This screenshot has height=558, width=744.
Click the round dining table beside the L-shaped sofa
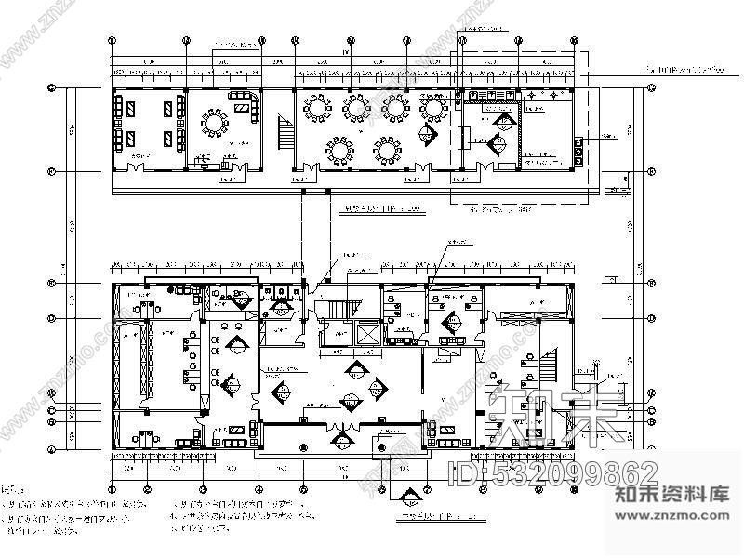coord(217,122)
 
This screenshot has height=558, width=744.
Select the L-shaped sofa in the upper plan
coord(246,103)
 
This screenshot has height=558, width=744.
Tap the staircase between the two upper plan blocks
coord(281,130)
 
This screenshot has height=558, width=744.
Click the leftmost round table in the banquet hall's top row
coord(318,108)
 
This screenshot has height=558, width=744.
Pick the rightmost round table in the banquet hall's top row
coord(433,108)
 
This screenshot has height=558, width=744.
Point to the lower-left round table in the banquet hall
coord(339,148)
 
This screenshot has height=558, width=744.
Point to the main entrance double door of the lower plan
coord(340,430)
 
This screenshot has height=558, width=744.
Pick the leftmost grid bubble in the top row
coord(113,41)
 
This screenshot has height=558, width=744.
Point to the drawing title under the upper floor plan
coord(377,211)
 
